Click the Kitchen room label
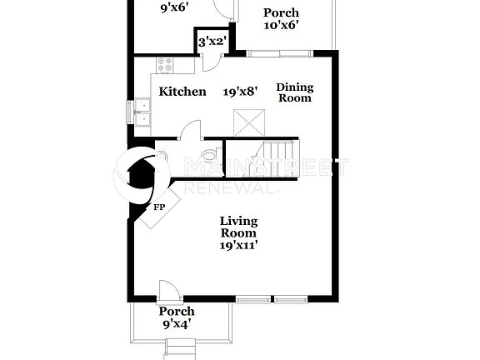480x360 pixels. [x=182, y=92]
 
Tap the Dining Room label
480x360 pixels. [x=294, y=92]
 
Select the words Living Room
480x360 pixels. [x=238, y=227]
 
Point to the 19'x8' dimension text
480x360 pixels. [x=240, y=92]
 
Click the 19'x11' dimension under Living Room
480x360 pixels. [x=238, y=246]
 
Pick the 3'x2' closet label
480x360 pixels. [x=212, y=39]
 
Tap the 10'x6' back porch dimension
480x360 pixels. [x=281, y=25]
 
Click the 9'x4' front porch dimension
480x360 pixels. [x=177, y=324]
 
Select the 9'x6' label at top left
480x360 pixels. [x=174, y=7]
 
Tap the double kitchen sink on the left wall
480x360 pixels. [x=142, y=112]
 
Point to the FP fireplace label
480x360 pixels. [x=158, y=207]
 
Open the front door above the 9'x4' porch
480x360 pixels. [x=168, y=291]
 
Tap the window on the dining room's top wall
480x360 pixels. [x=277, y=52]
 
